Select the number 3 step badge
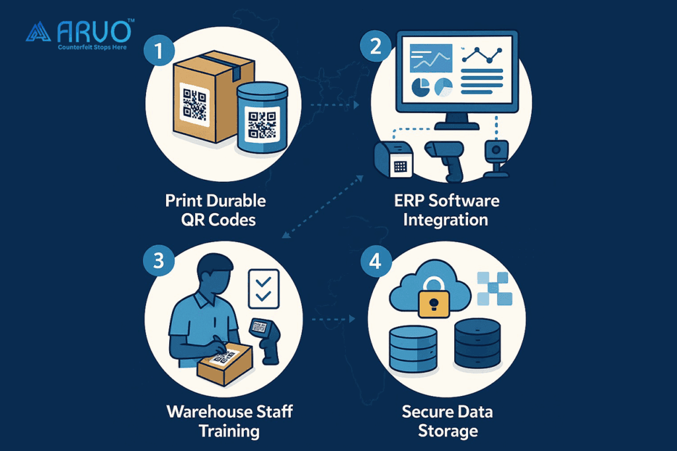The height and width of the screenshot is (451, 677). click(x=158, y=261)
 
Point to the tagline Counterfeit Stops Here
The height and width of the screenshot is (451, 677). click(x=92, y=48)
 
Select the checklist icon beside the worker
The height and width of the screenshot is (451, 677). click(x=263, y=288)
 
